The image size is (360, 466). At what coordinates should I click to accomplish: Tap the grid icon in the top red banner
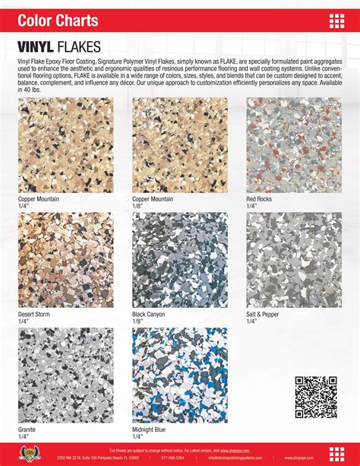click(x=337, y=21)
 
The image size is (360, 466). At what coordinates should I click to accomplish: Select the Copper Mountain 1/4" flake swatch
click(x=65, y=145)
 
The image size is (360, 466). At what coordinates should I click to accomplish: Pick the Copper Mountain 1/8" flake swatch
click(x=179, y=145)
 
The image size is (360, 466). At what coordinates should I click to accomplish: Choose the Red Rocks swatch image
click(x=293, y=145)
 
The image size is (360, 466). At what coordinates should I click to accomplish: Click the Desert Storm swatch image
click(x=65, y=260)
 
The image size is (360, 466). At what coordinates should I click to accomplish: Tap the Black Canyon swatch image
click(x=179, y=260)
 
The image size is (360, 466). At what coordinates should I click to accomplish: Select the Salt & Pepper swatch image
click(x=293, y=260)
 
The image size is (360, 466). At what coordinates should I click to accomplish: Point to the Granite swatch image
click(x=65, y=375)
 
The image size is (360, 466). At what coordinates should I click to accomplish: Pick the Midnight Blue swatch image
click(x=179, y=375)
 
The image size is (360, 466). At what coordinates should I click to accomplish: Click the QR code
click(x=315, y=397)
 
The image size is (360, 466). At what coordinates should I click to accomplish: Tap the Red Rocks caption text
click(x=259, y=199)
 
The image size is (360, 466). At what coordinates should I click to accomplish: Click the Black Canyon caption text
click(x=150, y=314)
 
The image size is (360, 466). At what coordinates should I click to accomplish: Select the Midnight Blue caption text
click(x=149, y=430)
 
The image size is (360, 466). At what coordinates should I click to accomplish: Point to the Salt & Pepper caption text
click(x=263, y=314)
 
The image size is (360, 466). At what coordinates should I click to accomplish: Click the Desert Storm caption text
click(x=36, y=314)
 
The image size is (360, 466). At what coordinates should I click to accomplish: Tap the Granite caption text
click(x=28, y=430)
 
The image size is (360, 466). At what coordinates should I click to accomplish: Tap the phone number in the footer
click(x=173, y=458)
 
